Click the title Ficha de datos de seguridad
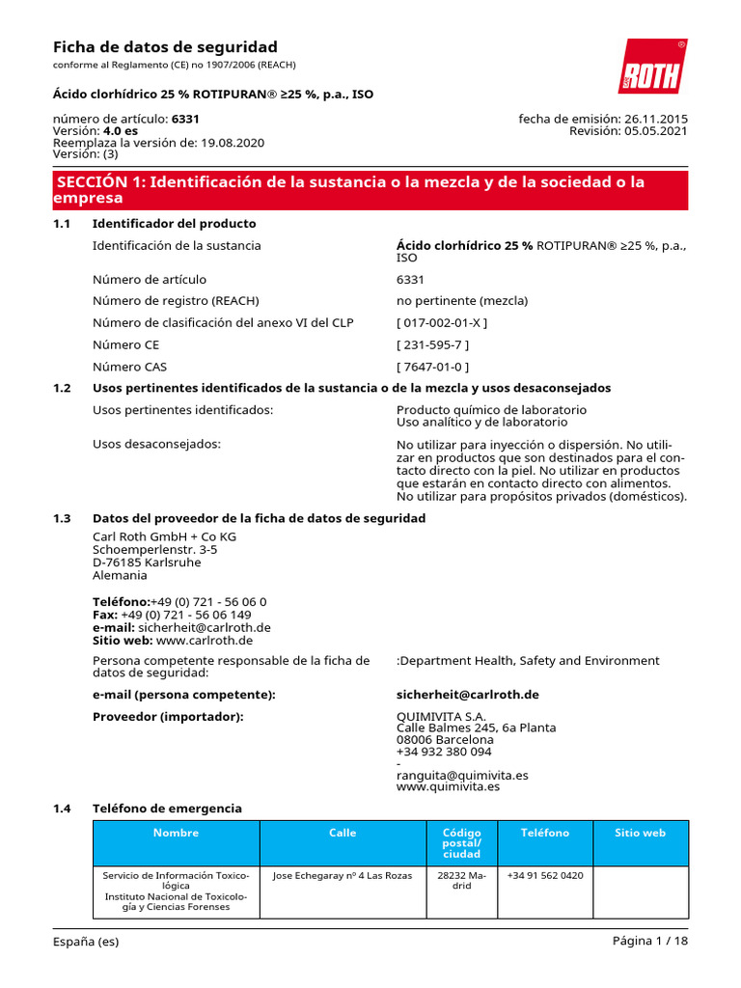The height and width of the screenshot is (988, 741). pos(164,47)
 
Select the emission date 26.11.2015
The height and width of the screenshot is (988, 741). pos(656,119)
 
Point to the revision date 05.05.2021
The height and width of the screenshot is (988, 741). pos(656,131)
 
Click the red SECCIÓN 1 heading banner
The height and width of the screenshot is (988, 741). pos(370,190)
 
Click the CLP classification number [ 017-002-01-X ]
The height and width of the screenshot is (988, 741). pos(442,322)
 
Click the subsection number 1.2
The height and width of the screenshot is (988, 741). pos(62,388)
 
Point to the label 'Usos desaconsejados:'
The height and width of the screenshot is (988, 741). pos(156,444)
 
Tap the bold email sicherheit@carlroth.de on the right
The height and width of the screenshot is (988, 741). pos(467,695)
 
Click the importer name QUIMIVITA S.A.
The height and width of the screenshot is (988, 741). pos(441,717)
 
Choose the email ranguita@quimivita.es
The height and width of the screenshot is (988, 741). pos(462,775)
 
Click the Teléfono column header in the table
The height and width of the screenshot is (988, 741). pos(545,833)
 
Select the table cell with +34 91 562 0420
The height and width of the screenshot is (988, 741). pos(545,876)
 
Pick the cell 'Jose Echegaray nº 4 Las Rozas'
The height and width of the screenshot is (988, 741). pos(343,876)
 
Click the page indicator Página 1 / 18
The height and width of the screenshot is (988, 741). pos(650,942)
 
